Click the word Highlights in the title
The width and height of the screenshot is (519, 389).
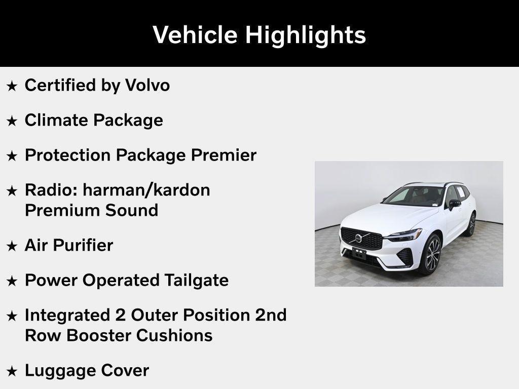point(306,35)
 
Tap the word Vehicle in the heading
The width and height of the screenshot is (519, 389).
point(195,34)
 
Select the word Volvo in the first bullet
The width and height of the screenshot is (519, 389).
point(147,85)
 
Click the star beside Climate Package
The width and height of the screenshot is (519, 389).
point(12,121)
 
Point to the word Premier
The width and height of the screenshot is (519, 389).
point(224,155)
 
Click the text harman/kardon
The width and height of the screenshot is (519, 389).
point(146,190)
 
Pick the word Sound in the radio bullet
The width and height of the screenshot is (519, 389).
point(132,210)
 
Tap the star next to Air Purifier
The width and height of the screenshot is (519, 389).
point(12,246)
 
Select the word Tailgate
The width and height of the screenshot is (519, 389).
point(196,281)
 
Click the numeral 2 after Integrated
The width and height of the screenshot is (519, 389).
point(121,315)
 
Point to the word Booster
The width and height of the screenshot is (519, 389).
point(99,335)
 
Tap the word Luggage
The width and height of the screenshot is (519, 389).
point(60,370)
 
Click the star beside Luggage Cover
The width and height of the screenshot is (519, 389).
point(12,371)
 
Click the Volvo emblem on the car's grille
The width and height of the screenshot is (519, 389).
point(358,238)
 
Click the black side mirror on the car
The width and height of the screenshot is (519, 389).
point(454,204)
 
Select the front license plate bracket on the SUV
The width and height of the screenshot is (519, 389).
point(359,253)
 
